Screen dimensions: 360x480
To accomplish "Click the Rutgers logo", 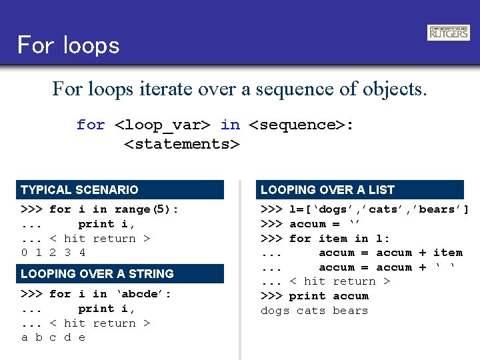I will [449, 33].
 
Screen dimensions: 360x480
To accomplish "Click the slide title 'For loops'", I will [68, 45].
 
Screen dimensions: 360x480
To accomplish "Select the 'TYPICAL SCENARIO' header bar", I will [121, 190].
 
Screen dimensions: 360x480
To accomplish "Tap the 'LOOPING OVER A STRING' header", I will [121, 274].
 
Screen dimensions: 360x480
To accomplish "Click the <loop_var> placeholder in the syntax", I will [163, 125].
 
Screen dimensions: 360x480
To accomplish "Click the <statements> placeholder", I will [181, 144].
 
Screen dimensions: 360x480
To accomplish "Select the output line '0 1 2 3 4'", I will [53, 253].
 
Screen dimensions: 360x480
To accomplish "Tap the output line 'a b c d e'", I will [53, 337].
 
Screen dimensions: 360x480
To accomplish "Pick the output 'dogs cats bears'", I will [314, 311].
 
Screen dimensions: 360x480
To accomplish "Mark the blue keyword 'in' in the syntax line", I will [230, 125].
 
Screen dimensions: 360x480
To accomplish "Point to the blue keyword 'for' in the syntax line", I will [91, 125].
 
